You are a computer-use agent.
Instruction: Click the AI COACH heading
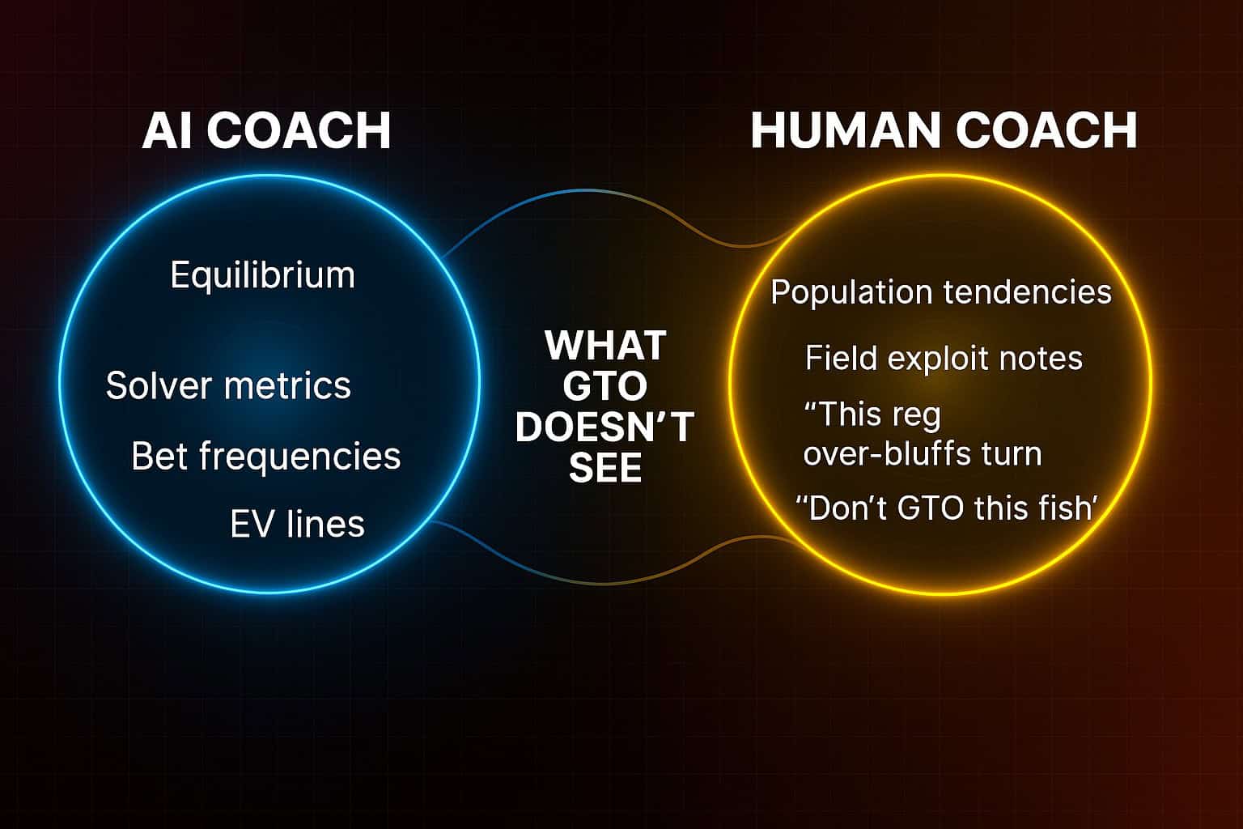pyautogui.click(x=266, y=130)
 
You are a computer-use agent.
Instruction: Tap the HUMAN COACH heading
pyautogui.click(x=944, y=130)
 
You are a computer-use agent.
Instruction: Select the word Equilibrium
pyautogui.click(x=262, y=275)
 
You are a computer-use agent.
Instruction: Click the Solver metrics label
pyautogui.click(x=228, y=385)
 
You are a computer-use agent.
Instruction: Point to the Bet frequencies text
pyautogui.click(x=265, y=457)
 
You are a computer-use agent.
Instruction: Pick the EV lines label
pyautogui.click(x=298, y=524)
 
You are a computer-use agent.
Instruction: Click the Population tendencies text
pyautogui.click(x=941, y=292)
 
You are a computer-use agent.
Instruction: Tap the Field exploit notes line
pyautogui.click(x=944, y=358)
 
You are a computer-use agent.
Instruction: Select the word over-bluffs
pyautogui.click(x=887, y=453)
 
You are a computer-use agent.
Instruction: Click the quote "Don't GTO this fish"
pyautogui.click(x=947, y=508)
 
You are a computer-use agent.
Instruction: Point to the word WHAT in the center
pyautogui.click(x=605, y=346)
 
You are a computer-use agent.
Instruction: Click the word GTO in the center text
pyautogui.click(x=605, y=386)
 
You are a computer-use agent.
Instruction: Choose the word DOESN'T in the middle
pyautogui.click(x=605, y=427)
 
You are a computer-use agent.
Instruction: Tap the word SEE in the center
pyautogui.click(x=605, y=468)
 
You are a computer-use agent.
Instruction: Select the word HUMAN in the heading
pyautogui.click(x=846, y=130)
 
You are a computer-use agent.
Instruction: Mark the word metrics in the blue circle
pyautogui.click(x=287, y=385)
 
